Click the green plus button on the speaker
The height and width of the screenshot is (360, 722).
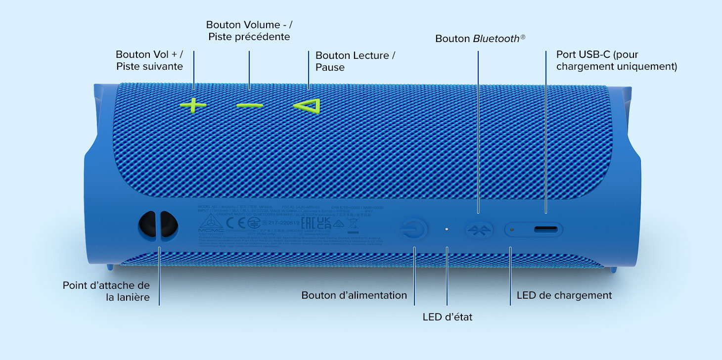click(x=193, y=105)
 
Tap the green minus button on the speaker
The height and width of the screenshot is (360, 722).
click(x=249, y=105)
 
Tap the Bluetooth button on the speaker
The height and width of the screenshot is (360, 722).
click(x=479, y=229)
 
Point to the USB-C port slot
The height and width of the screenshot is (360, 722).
click(x=546, y=229)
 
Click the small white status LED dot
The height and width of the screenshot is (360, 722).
click(x=447, y=229)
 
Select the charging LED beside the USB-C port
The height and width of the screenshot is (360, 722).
click(x=512, y=229)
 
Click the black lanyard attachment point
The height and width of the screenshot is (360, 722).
click(x=158, y=226)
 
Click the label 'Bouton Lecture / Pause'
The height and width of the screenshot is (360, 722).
click(x=355, y=61)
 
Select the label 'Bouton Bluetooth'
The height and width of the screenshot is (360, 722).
click(x=477, y=39)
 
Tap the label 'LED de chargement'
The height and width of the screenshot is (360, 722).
click(x=564, y=295)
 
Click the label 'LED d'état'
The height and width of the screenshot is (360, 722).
click(x=447, y=317)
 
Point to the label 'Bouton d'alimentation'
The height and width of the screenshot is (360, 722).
click(x=354, y=295)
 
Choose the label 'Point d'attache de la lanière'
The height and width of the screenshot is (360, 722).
click(x=106, y=292)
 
